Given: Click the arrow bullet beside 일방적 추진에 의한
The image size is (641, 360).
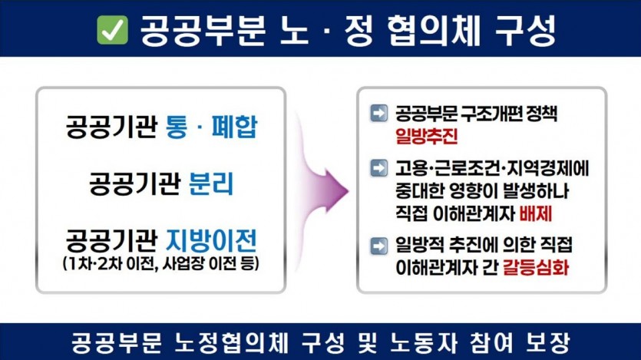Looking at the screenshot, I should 378,246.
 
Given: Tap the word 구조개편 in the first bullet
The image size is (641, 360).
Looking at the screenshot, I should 492,114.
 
